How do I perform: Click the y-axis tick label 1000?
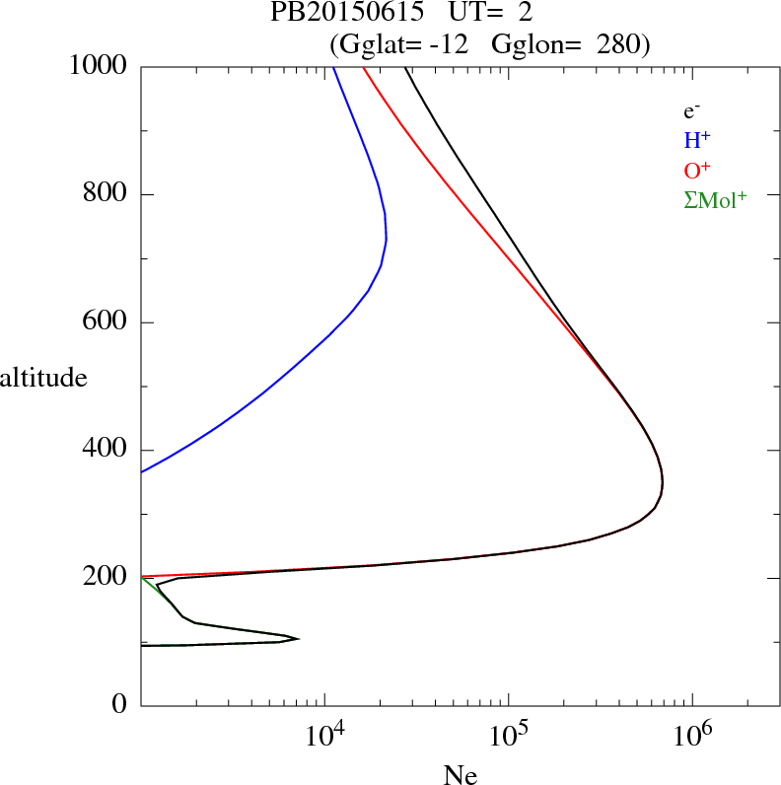pos(99,66)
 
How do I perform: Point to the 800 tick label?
pos(106,194)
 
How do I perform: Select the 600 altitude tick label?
pos(106,322)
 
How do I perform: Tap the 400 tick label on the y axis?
pos(106,450)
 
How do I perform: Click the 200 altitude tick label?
pos(106,578)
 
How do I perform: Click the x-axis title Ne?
pos(461,775)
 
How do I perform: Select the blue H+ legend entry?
pos(697,140)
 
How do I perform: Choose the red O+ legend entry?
pos(697,170)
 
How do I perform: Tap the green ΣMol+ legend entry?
pos(715,199)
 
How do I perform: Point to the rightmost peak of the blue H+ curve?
pos(387,238)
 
